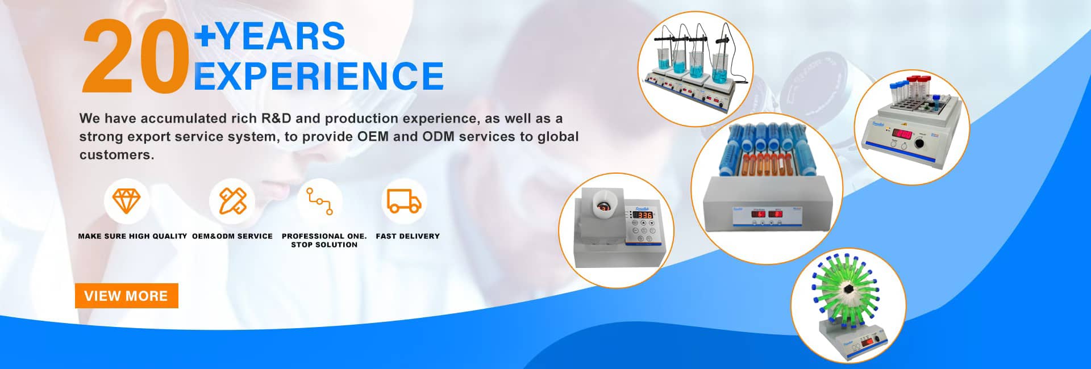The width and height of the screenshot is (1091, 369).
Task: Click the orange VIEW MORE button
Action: coord(126,296)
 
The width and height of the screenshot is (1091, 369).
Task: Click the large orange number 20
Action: coord(135,57)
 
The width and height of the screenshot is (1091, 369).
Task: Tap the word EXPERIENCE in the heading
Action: coord(318,76)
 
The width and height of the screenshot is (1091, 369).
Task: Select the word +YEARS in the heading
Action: coord(270,36)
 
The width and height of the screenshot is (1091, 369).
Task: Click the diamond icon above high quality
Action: coord(126,200)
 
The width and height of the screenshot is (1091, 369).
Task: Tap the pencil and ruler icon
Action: coord(232,200)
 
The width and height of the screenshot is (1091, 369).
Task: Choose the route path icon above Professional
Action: coord(320,201)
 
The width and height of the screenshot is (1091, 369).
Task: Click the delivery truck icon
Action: coord(404,201)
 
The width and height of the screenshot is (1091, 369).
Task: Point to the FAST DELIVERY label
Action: coord(407,236)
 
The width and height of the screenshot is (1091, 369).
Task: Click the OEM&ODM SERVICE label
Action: coord(232,236)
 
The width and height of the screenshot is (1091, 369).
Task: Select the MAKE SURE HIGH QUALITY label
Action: coord(132,236)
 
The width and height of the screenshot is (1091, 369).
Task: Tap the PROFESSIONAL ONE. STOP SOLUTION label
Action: coord(324,240)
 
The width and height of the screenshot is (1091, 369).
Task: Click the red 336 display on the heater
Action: coord(644,215)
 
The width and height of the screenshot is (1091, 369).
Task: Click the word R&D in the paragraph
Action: coord(276,119)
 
